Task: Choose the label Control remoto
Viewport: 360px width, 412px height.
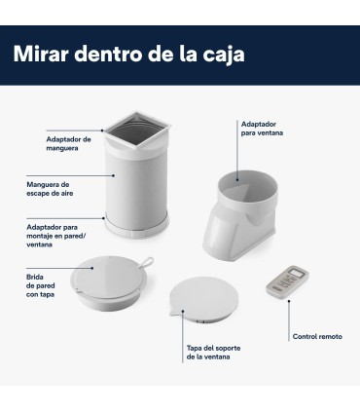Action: (x=318, y=336)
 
